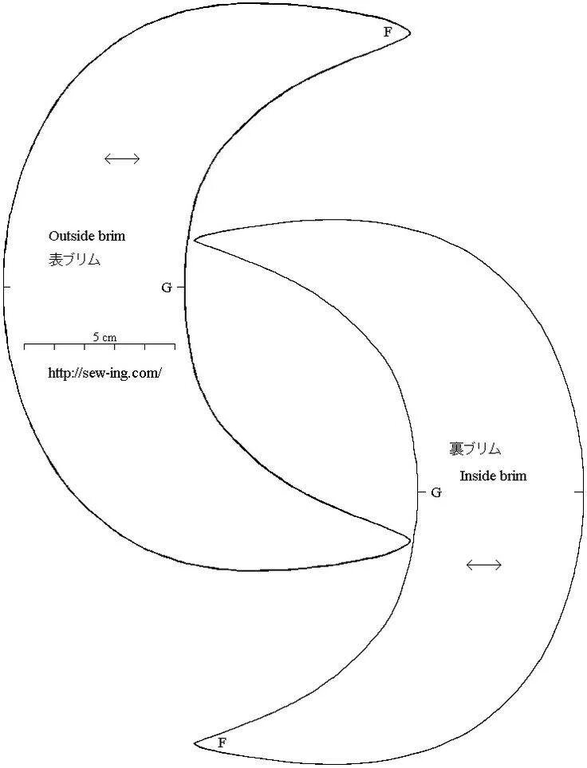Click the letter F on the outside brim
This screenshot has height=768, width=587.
[x=388, y=33]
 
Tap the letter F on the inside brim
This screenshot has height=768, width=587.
[x=222, y=743]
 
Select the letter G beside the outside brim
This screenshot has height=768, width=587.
[x=166, y=288]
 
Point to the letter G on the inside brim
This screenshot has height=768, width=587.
[x=436, y=492]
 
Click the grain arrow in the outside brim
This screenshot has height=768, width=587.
[x=122, y=159]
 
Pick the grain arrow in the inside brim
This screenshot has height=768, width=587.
[x=483, y=565]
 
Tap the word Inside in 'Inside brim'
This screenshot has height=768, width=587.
[x=477, y=476]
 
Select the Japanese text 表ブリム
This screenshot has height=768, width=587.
[x=74, y=260]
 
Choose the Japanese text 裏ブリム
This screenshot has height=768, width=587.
[x=475, y=449]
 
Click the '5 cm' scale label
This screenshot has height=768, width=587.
[x=104, y=337]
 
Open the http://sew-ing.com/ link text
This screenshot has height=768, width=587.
[x=104, y=372]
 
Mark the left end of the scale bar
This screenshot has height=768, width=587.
[x=25, y=346]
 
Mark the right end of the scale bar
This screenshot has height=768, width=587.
[x=175, y=346]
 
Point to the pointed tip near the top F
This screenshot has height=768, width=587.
[x=409, y=33]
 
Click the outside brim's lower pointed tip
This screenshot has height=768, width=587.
[x=410, y=541]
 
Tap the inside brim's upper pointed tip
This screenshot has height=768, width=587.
[x=195, y=237]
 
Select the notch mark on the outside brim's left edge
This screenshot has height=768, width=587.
[x=5, y=286]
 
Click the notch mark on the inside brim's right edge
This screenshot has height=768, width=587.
[x=579, y=493]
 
